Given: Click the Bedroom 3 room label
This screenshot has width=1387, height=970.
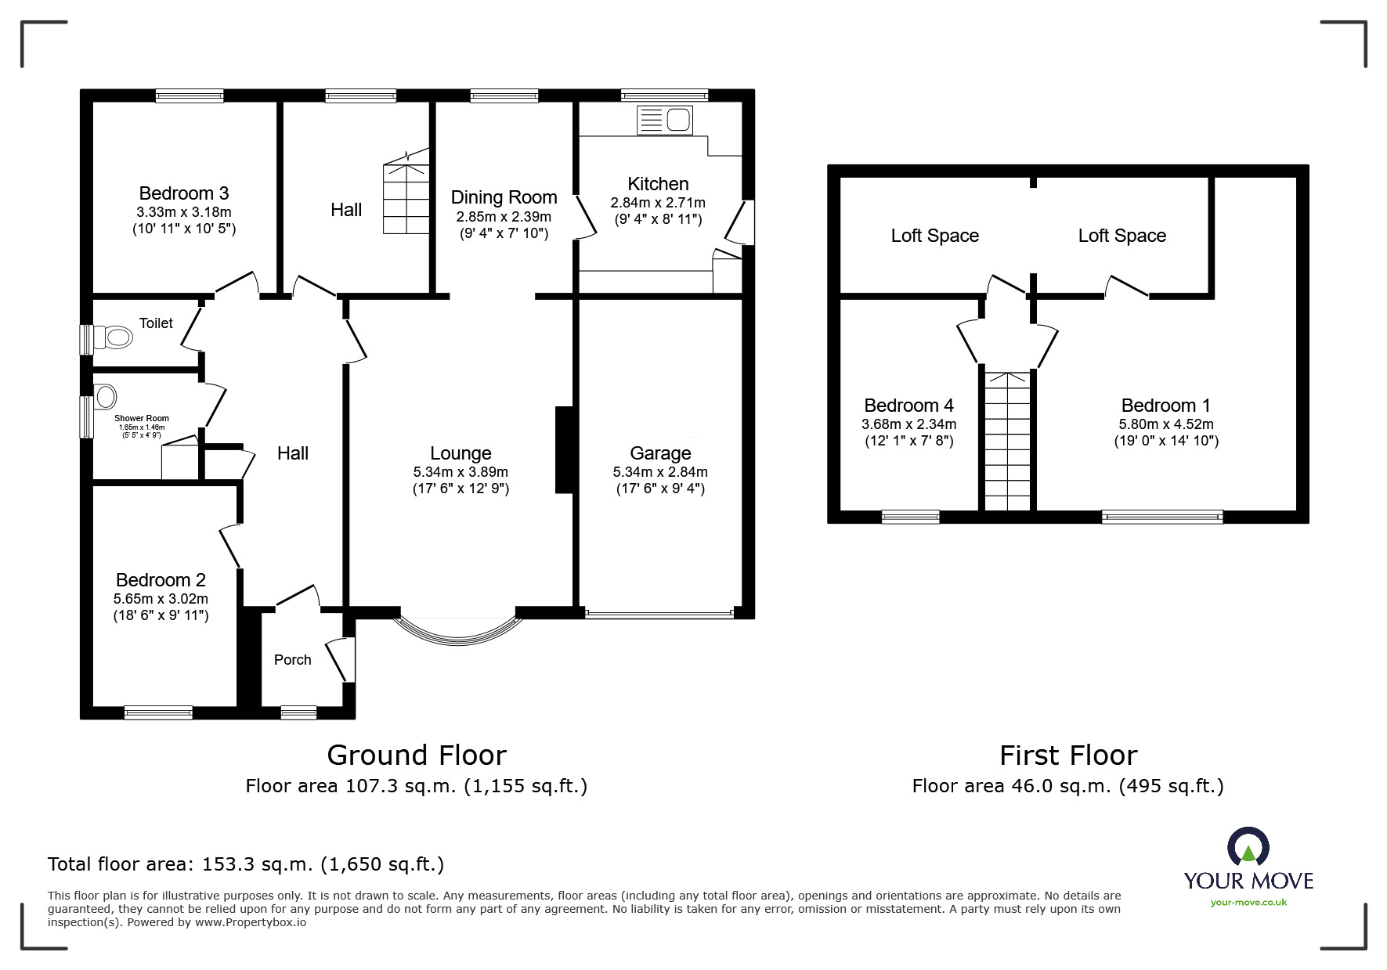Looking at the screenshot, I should (183, 193).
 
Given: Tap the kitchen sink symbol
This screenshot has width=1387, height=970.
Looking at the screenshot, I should (665, 120).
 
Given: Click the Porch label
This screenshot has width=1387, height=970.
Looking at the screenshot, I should (292, 660).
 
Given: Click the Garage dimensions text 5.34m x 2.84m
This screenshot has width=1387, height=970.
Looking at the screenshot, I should (660, 472).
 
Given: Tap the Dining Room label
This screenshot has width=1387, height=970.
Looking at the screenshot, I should (504, 197).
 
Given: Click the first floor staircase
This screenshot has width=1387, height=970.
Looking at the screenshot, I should (1006, 442).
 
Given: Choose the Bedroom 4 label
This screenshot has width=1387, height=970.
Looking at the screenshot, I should (908, 406).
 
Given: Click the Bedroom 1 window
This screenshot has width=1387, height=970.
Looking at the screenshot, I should (1161, 516).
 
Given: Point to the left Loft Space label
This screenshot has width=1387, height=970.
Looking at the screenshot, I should (934, 236).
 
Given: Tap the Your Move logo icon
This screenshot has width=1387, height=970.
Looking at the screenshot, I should (1248, 848).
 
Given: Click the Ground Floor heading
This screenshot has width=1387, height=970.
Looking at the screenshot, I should (416, 755).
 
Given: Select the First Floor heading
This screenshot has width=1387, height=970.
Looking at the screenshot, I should (1068, 755).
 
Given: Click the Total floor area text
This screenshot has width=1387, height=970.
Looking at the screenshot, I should (245, 864).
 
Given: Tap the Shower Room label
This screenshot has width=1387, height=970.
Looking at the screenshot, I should (142, 418).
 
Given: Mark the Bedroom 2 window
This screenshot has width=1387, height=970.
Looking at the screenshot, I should (158, 712).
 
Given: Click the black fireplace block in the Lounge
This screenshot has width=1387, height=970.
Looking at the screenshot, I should (564, 449).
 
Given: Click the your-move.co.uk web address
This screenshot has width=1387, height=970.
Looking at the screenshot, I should (1248, 903).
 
